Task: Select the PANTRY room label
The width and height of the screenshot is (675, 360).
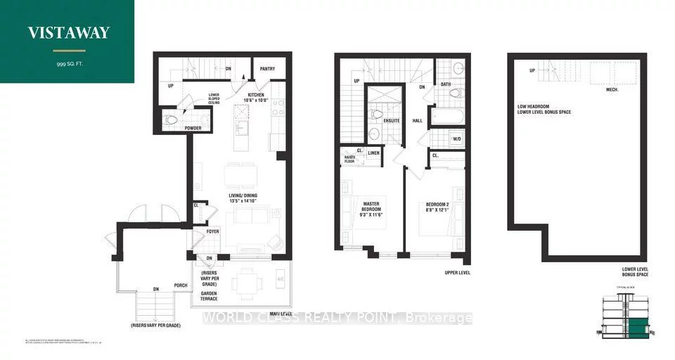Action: tap(266, 69)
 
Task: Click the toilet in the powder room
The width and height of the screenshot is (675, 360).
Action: tap(171, 120)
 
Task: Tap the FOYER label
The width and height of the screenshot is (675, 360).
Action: tap(213, 231)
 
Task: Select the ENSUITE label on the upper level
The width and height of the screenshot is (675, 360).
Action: tap(391, 121)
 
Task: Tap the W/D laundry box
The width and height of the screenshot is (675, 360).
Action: tap(456, 139)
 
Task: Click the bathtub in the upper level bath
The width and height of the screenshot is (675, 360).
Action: tap(446, 115)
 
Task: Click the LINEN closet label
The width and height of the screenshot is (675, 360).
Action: tap(374, 152)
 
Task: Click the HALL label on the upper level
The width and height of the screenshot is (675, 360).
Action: tap(416, 120)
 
